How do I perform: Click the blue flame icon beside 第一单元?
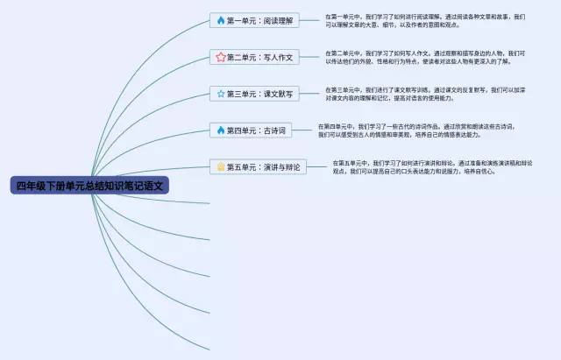pyautogui.click(x=220, y=19)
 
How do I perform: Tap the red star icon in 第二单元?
pyautogui.click(x=220, y=57)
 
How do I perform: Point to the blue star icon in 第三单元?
pyautogui.click(x=220, y=93)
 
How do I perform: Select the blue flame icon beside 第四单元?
pyautogui.click(x=220, y=130)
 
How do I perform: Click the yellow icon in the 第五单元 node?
pyautogui.click(x=221, y=166)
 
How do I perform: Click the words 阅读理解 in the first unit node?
pyautogui.click(x=277, y=19)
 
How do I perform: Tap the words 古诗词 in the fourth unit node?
pyautogui.click(x=273, y=130)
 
